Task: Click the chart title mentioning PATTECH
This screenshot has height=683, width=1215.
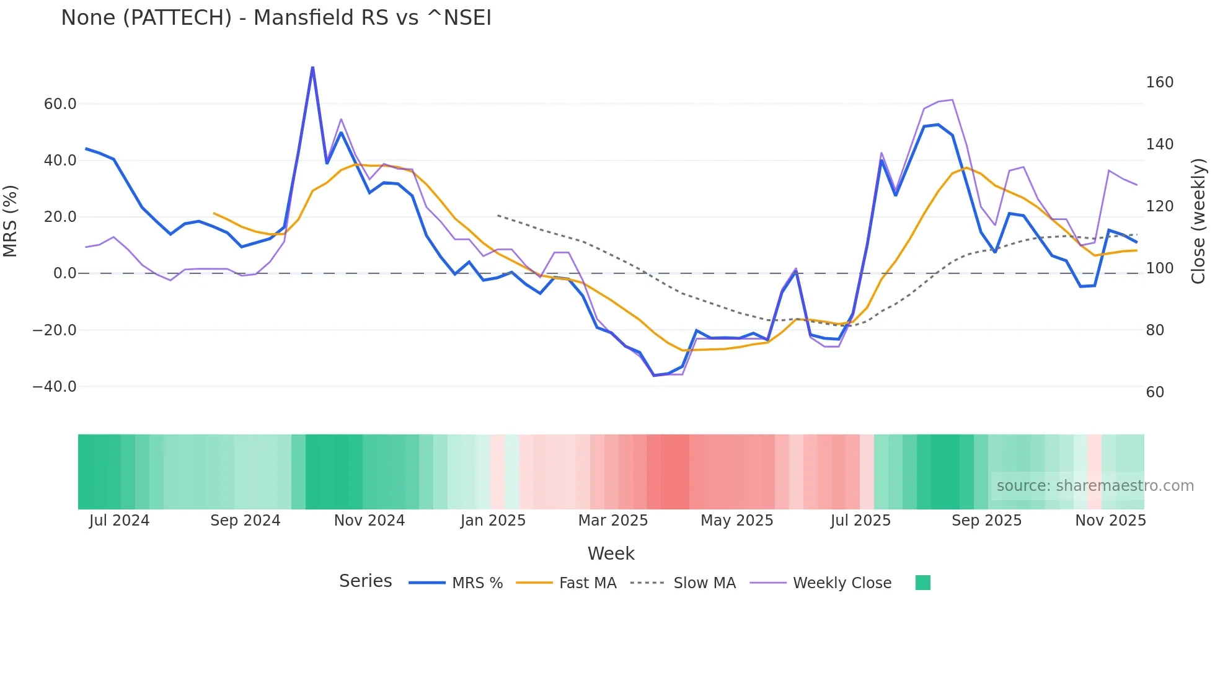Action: (x=276, y=18)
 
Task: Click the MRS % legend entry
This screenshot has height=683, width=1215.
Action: (x=477, y=583)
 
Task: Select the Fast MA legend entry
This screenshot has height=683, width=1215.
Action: (x=587, y=583)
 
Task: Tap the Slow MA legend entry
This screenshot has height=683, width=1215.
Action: (x=704, y=583)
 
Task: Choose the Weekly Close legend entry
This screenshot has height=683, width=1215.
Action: (x=842, y=583)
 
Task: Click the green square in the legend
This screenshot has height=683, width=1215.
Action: (x=922, y=583)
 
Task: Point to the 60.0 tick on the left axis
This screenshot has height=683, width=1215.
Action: (x=60, y=104)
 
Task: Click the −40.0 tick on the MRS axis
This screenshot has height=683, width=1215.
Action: (x=55, y=387)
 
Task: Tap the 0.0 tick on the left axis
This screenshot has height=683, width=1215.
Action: (x=65, y=273)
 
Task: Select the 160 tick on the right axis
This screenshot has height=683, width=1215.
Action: (x=1159, y=82)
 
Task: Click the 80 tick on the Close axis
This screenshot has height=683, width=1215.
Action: (x=1155, y=330)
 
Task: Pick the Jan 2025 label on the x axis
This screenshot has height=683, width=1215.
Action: (x=493, y=521)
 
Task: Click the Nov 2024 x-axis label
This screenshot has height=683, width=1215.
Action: (x=369, y=521)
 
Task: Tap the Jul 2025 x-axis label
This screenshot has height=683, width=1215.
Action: (x=860, y=521)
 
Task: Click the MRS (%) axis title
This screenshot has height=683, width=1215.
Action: (x=11, y=221)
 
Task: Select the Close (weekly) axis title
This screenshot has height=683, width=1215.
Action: (x=1199, y=221)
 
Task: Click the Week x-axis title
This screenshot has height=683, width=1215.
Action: (x=611, y=553)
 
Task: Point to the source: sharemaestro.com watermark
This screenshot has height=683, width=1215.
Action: (x=1095, y=486)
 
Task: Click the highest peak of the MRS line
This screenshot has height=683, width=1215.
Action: (x=312, y=67)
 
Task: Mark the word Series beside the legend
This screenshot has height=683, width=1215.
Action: (x=365, y=581)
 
